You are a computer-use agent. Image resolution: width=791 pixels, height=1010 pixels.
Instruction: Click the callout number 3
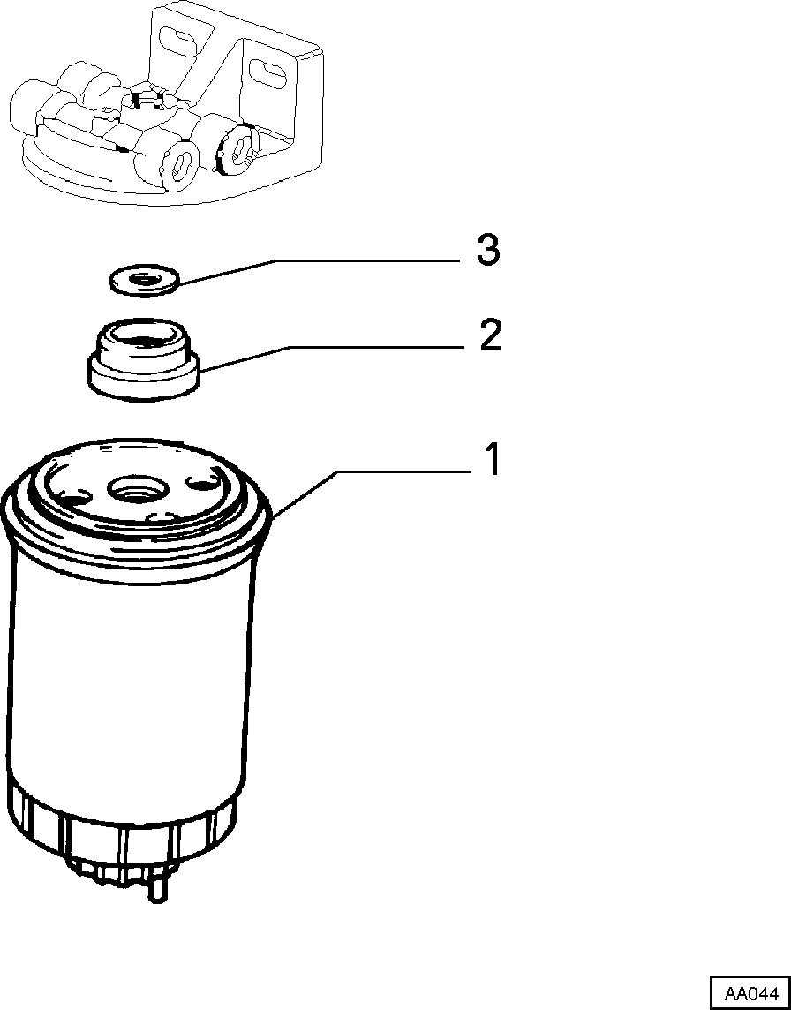coord(488,250)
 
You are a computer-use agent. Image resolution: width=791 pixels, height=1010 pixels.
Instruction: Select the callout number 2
coord(491,335)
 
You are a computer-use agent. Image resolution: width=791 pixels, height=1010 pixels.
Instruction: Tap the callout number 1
coord(492,459)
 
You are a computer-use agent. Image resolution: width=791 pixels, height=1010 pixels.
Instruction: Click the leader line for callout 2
coord(330,358)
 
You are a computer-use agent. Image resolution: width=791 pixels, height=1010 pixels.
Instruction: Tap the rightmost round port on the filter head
coord(237,149)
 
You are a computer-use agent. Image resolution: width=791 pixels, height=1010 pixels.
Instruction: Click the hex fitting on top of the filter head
coord(147,100)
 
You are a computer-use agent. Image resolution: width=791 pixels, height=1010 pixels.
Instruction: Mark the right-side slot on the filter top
coord(202,482)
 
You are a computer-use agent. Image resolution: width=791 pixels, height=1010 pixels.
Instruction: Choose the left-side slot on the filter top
coord(75,495)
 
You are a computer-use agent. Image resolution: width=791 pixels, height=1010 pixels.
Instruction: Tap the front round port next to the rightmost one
coord(180,165)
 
